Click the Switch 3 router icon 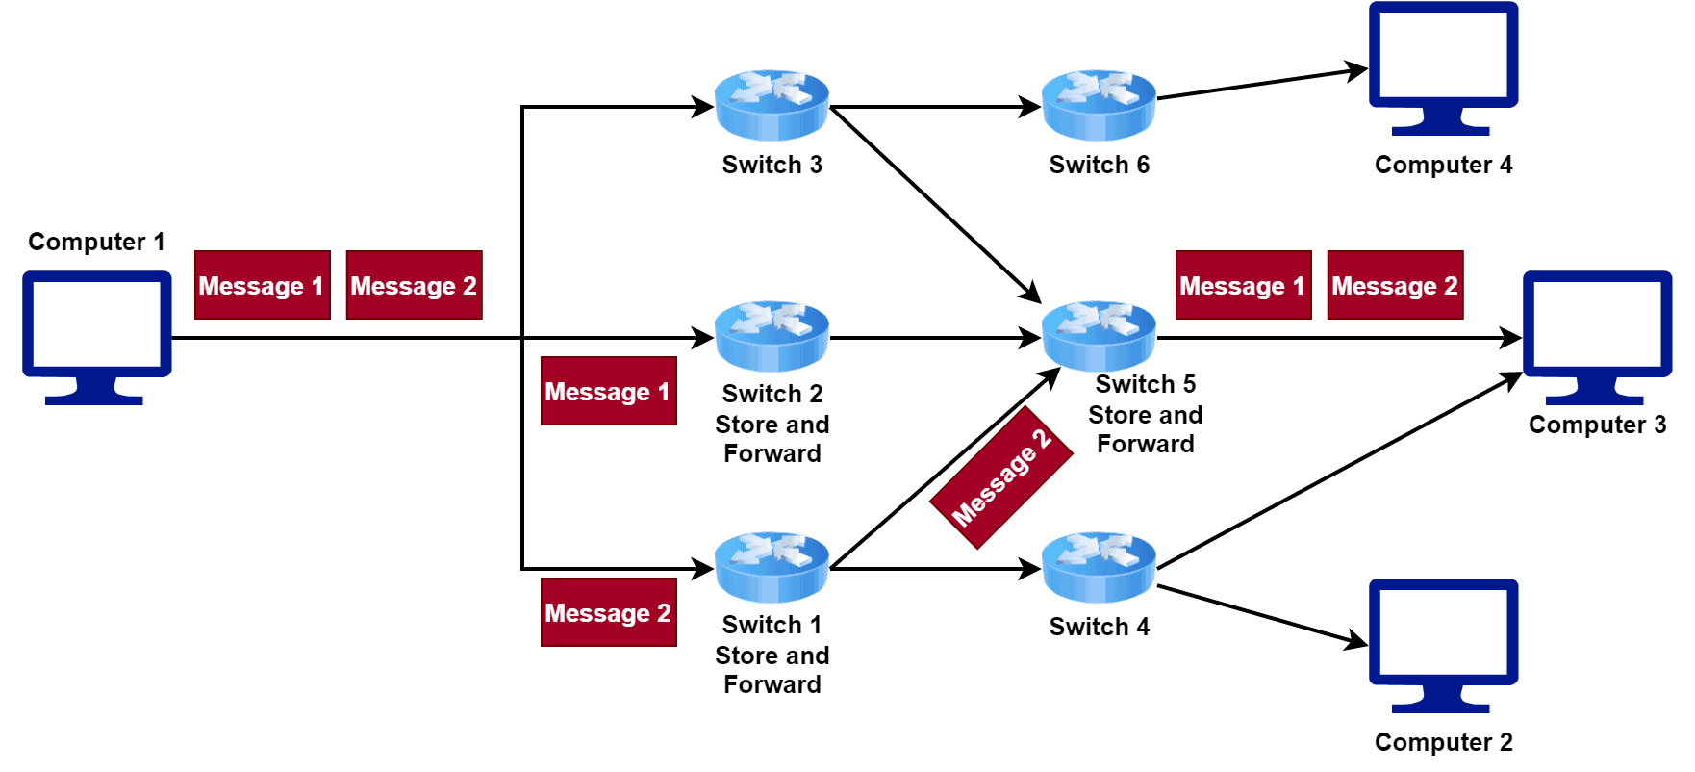pos(772,106)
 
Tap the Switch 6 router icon pos(1099,106)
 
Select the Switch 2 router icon pos(772,337)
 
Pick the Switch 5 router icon pos(1099,336)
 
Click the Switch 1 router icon pos(772,568)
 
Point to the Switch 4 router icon pos(1099,568)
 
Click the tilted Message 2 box pos(1001,477)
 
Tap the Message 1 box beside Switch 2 pos(608,391)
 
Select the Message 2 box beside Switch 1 pos(608,612)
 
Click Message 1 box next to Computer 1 pos(262,285)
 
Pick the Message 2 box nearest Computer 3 pos(1395,285)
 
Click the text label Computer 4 pos(1443,165)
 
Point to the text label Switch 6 pos(1099,165)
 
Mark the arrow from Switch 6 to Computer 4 pos(1260,84)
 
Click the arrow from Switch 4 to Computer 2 pos(1260,614)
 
